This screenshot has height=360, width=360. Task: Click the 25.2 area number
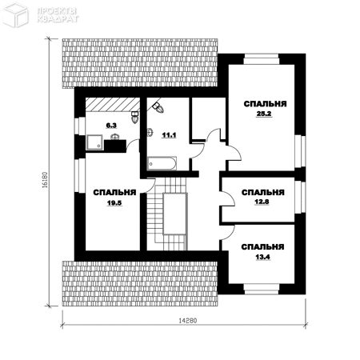(264, 114)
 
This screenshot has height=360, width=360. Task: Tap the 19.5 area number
(114, 203)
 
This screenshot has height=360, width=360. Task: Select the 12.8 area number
(262, 202)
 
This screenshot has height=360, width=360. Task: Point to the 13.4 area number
(262, 257)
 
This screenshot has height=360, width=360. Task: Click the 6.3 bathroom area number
(111, 126)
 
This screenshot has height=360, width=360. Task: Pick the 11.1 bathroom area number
(169, 135)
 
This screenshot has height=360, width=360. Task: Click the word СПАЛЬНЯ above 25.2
(265, 104)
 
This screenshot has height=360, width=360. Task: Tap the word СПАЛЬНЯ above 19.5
(114, 193)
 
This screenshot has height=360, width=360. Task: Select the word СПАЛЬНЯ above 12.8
(263, 193)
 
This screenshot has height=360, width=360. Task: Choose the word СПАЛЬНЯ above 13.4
(262, 247)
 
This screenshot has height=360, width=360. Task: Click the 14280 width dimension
(187, 320)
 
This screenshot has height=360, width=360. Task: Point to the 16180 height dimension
(45, 180)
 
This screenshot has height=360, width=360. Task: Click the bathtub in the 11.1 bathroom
(162, 163)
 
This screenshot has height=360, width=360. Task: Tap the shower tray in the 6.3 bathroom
(94, 142)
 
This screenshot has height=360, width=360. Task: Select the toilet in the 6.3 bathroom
(135, 118)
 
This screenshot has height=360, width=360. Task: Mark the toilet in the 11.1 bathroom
(158, 107)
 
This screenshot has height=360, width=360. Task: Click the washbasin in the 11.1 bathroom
(150, 132)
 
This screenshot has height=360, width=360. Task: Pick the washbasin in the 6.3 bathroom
(115, 137)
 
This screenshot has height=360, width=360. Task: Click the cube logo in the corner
(15, 14)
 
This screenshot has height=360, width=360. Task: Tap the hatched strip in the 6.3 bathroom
(113, 104)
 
